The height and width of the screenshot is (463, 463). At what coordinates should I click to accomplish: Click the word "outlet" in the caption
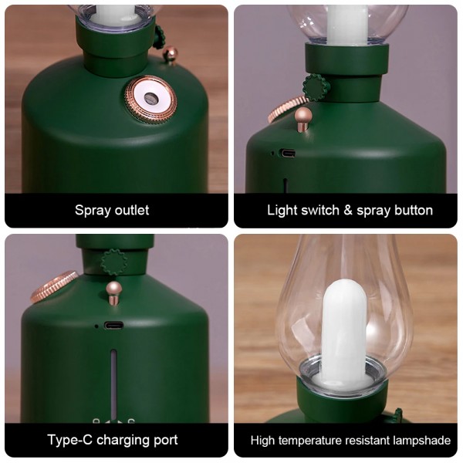[132, 210]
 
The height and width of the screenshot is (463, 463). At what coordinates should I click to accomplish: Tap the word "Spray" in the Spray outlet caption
[93, 211]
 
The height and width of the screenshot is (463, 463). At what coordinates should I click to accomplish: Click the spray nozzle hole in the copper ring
[150, 97]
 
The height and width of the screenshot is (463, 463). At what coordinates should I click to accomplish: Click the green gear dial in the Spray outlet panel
[158, 37]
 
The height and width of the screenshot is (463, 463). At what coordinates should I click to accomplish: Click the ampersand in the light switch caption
[348, 211]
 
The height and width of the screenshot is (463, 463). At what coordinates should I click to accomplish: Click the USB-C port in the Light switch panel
[288, 154]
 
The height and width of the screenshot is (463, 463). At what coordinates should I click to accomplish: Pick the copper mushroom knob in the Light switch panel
[304, 119]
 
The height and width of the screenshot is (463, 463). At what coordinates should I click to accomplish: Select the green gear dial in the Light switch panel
[316, 87]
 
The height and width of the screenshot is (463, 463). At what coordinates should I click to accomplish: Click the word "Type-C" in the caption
[70, 440]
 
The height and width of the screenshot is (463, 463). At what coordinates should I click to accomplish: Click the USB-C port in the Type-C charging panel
[113, 326]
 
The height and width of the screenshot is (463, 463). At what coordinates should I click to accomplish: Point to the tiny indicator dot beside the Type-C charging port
[96, 326]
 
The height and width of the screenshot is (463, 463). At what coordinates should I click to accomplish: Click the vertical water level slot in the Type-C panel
[113, 384]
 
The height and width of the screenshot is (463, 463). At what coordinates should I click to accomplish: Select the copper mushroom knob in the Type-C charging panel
[114, 292]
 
